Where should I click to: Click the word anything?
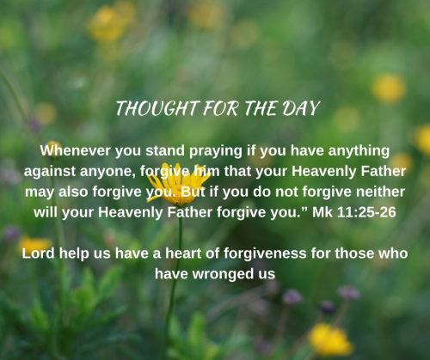(356, 149)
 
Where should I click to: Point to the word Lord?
(40, 253)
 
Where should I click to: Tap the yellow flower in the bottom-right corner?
(329, 340)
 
